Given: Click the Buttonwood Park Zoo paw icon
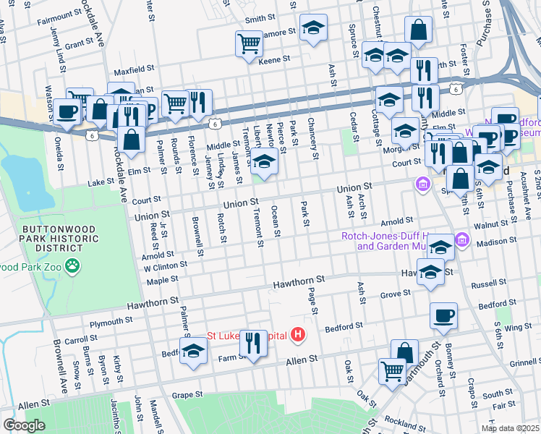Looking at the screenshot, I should tap(72, 267).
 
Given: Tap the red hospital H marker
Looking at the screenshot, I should tap(297, 335).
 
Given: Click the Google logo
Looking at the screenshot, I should tap(24, 425).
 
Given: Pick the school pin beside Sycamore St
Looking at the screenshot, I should tap(312, 28).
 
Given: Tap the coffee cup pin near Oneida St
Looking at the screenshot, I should tap(68, 112).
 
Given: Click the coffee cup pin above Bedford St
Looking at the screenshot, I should tap(443, 315).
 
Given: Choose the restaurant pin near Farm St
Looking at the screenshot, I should tap(253, 342).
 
